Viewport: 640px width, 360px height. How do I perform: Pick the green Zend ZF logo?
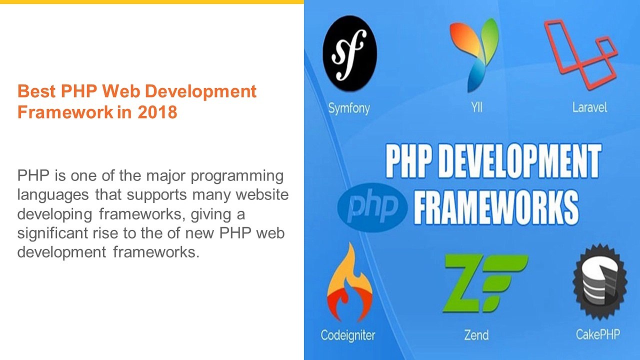[x=484, y=282]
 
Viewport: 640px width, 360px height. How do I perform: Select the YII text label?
[x=476, y=107]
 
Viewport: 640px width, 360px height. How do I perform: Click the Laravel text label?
[x=589, y=107]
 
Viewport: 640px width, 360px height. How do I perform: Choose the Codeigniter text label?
[x=348, y=335]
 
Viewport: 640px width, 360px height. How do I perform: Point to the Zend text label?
[x=476, y=334]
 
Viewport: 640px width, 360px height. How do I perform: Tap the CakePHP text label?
[x=597, y=334]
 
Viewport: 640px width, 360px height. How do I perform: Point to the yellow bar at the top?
[x=151, y=2]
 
